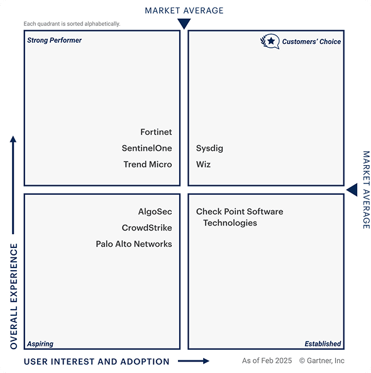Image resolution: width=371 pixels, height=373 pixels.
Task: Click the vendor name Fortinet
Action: click(x=156, y=132)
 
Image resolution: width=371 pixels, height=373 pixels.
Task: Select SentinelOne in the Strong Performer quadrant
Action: click(x=147, y=148)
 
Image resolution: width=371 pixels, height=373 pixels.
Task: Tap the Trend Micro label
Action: click(x=148, y=165)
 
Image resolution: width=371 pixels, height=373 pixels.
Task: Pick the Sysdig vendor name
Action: click(x=209, y=148)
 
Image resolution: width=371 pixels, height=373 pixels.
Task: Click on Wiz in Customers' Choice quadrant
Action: click(x=203, y=165)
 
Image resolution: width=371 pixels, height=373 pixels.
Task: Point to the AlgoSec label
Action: click(x=155, y=212)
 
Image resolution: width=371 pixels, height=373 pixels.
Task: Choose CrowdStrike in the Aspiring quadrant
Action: click(x=147, y=228)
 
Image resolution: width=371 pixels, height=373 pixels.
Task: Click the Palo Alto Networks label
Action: click(x=134, y=244)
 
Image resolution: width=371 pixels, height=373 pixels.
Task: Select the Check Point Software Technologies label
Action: click(x=240, y=217)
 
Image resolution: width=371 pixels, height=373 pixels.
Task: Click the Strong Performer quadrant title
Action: click(x=54, y=40)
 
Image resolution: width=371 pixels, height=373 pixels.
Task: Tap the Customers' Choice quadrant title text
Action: click(x=311, y=41)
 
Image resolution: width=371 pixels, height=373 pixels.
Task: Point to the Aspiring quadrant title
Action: click(x=40, y=343)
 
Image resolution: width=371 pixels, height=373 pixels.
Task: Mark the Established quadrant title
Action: click(x=323, y=343)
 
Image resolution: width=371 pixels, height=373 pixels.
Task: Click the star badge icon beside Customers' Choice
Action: click(x=270, y=41)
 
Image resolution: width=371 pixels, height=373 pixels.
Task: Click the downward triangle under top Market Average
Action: click(x=184, y=24)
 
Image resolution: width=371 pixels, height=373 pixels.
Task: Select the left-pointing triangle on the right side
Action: click(x=352, y=190)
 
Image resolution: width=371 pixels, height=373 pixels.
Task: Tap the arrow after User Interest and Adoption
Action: click(x=194, y=361)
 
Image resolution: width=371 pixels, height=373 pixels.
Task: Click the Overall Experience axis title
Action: click(x=14, y=296)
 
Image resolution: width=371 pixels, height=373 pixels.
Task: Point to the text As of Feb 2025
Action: click(x=267, y=360)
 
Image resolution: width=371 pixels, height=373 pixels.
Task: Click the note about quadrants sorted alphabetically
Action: click(x=72, y=24)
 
